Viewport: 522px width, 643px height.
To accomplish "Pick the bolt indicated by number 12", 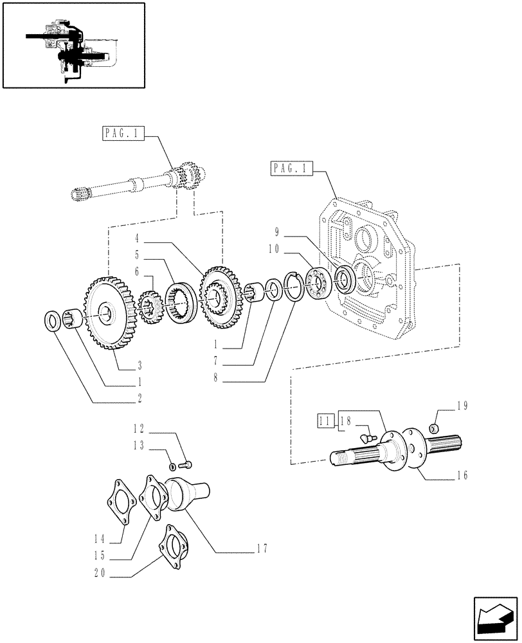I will (x=188, y=463).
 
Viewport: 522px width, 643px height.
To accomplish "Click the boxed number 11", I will (x=324, y=421).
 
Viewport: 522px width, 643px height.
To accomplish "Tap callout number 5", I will (x=138, y=254).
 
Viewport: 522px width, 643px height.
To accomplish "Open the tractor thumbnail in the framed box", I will (x=73, y=44).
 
